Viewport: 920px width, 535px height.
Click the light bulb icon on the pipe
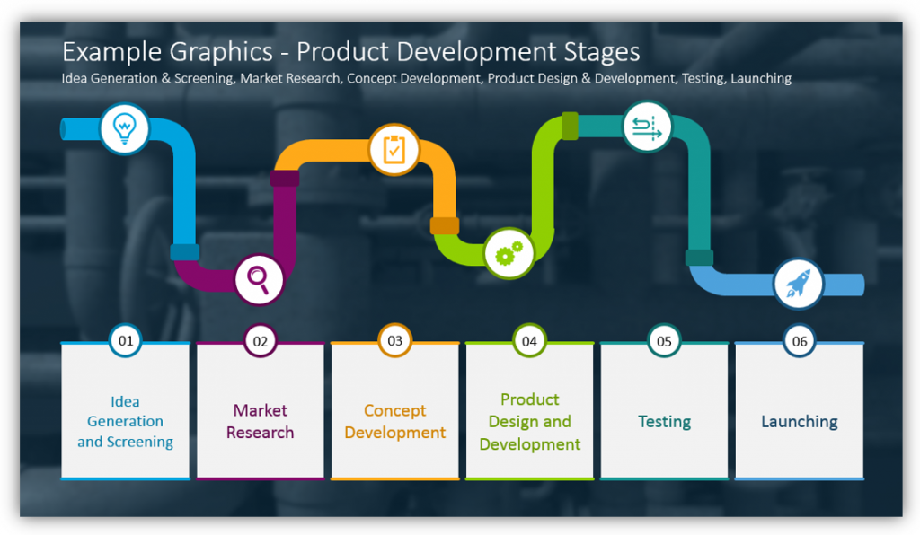tap(124, 128)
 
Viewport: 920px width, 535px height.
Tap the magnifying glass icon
tap(258, 279)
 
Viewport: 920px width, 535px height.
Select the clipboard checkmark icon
tap(394, 149)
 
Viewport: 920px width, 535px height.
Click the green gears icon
tap(509, 253)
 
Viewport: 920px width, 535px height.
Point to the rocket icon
tap(798, 284)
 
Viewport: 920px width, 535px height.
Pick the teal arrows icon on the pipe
tap(647, 127)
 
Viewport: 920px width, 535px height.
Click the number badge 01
tap(126, 340)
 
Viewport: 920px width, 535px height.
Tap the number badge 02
tap(260, 341)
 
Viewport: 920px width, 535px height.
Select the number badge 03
tap(395, 340)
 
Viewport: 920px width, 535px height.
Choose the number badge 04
tap(529, 341)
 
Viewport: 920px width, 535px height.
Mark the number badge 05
tap(664, 341)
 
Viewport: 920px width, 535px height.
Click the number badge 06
tap(799, 341)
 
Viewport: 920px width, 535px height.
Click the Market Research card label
tap(260, 421)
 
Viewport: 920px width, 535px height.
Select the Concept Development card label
tap(395, 421)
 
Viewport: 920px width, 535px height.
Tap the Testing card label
tap(664, 422)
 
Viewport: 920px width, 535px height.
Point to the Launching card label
tap(799, 422)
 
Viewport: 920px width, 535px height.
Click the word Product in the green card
tap(530, 399)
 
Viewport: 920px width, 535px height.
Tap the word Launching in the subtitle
tap(761, 78)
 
